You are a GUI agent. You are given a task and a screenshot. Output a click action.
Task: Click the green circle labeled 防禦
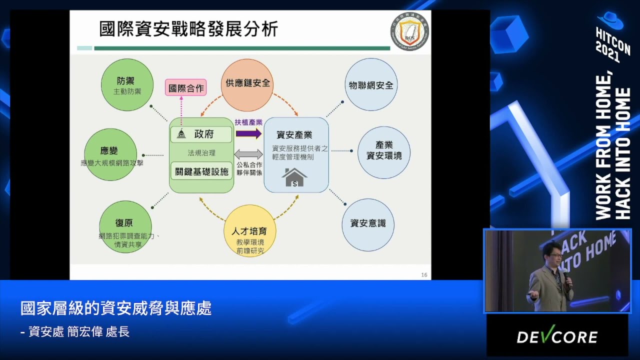[127, 85]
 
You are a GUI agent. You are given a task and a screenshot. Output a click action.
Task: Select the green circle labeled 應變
[110, 154]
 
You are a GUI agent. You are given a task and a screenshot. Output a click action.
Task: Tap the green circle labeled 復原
[125, 226]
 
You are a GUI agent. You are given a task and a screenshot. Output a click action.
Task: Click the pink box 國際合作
[186, 88]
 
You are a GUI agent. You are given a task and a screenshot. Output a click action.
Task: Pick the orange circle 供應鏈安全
[247, 84]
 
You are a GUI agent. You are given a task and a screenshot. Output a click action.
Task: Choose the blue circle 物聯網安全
[371, 84]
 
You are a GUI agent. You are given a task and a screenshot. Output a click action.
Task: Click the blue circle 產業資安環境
[384, 152]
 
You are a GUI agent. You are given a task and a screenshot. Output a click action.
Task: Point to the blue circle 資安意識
[368, 224]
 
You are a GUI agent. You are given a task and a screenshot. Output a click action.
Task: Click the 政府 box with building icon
[201, 134]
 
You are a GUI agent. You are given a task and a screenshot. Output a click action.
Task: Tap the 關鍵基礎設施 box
[201, 171]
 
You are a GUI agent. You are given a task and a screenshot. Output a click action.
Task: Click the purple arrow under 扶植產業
[248, 133]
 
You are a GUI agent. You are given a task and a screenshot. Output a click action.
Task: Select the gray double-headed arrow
[248, 154]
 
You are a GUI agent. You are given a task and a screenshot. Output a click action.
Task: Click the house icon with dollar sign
[294, 177]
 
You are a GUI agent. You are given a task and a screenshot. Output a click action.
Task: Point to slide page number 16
[424, 274]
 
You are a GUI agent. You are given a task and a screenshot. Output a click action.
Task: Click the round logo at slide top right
[409, 31]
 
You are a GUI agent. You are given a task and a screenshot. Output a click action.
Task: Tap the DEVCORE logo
[557, 336]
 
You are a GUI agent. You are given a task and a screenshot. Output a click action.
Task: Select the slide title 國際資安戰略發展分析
[188, 29]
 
